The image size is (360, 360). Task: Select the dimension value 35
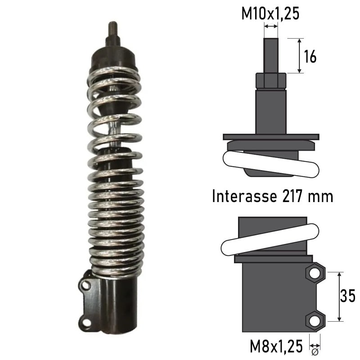(347, 297)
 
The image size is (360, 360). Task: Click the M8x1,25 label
(276, 347)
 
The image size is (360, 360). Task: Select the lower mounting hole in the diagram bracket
(315, 320)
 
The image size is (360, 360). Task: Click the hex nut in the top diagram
(271, 81)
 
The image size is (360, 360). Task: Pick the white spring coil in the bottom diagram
(270, 238)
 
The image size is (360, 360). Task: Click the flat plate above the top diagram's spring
(271, 136)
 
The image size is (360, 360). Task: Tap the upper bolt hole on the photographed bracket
(86, 285)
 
